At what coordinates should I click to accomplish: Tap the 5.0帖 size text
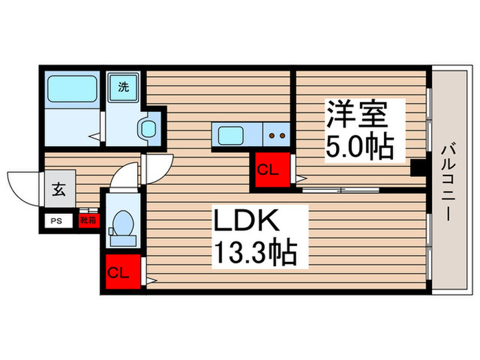[x=359, y=147]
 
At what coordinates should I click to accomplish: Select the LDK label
[x=248, y=221]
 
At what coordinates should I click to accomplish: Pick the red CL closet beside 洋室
[x=267, y=171]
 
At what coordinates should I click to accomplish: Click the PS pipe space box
[x=57, y=221]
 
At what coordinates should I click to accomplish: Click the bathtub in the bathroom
[x=72, y=90]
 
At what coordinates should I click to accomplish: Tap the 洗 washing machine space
[x=123, y=87]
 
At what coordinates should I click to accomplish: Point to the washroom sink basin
[x=147, y=128]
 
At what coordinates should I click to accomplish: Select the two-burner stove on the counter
[x=277, y=135]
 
